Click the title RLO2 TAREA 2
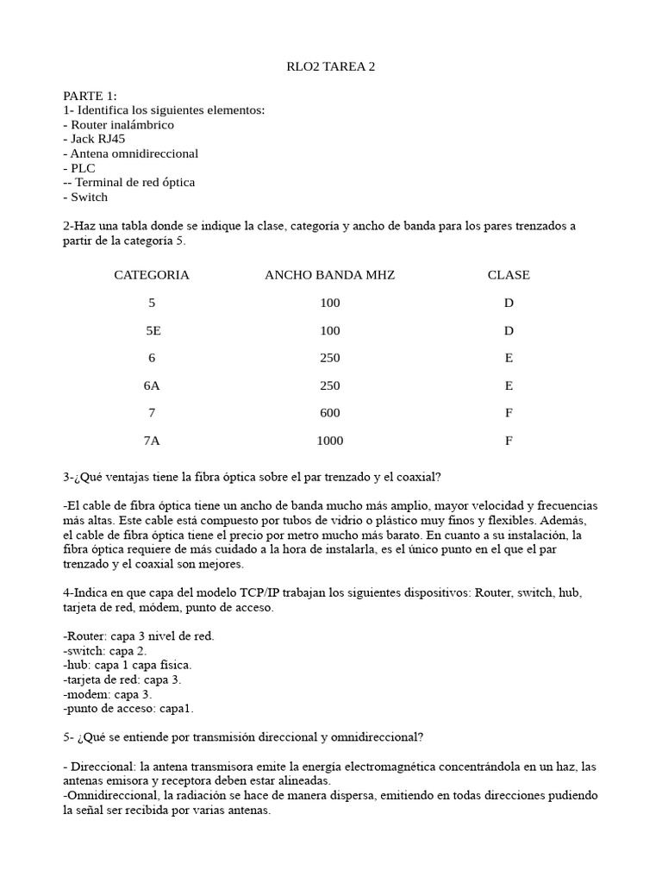pyautogui.click(x=330, y=66)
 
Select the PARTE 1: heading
pyautogui.click(x=90, y=96)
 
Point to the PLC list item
pyautogui.click(x=79, y=168)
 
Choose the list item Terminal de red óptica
pyautogui.click(x=128, y=183)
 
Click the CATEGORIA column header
pyautogui.click(x=152, y=275)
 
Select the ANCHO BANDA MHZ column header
pyautogui.click(x=329, y=275)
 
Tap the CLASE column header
pyautogui.click(x=509, y=275)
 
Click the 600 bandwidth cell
pyautogui.click(x=329, y=413)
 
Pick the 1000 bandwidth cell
pyautogui.click(x=329, y=441)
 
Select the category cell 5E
pyautogui.click(x=153, y=330)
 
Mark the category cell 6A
pyautogui.click(x=152, y=385)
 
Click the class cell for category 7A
pyautogui.click(x=509, y=441)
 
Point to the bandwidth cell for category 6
pyautogui.click(x=329, y=358)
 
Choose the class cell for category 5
pyautogui.click(x=509, y=303)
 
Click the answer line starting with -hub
pyautogui.click(x=128, y=665)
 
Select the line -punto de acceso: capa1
pyautogui.click(x=128, y=709)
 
